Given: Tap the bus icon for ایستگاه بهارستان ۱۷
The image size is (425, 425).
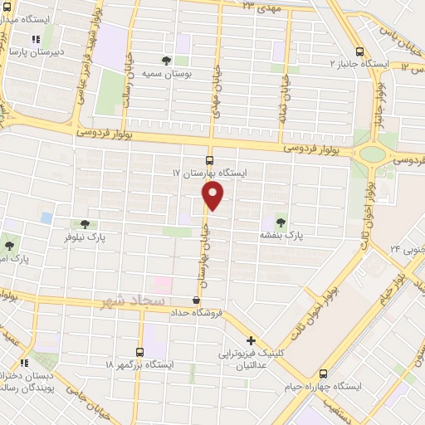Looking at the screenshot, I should click(208, 160).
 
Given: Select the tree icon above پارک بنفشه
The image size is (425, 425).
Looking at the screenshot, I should click(279, 222).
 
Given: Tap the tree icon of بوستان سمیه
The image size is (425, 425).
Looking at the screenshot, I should click(166, 61).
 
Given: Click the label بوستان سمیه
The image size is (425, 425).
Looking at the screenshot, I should click(161, 74).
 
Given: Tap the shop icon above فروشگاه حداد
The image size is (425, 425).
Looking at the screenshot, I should click(196, 300).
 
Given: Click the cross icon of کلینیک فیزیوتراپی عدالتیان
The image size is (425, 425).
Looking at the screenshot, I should click(251, 340).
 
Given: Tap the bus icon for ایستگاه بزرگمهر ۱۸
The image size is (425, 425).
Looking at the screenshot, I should click(139, 351).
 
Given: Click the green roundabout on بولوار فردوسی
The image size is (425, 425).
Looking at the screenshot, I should click(374, 154).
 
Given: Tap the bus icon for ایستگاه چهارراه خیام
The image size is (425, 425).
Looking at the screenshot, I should click(324, 373).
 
